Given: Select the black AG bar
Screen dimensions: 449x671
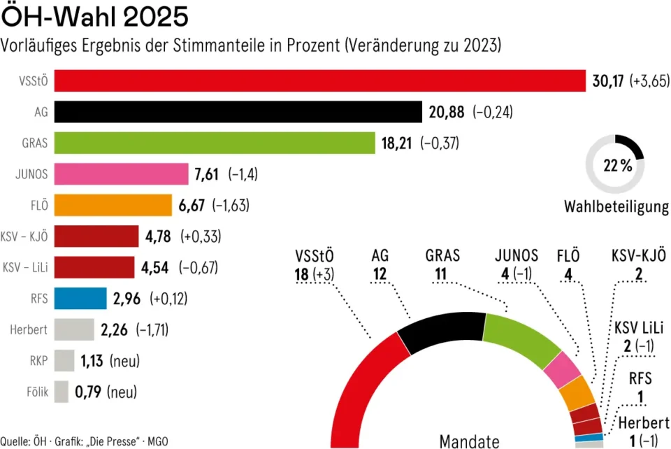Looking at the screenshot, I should [238, 112].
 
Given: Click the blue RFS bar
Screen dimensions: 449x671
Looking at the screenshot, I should [80, 299].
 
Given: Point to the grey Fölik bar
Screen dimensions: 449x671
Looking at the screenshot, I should [62, 392].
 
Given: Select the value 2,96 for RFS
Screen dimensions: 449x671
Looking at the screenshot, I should [127, 299].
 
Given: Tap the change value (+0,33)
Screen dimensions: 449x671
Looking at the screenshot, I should [201, 236].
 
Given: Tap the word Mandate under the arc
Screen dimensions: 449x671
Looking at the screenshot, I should [470, 441].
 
